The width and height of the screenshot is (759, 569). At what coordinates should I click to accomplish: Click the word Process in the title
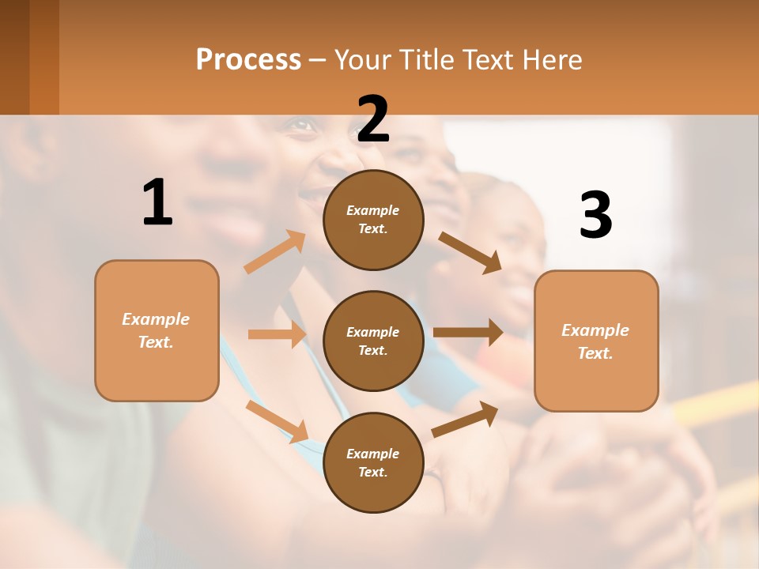coord(248,59)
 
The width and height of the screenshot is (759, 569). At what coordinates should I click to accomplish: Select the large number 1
coord(157,202)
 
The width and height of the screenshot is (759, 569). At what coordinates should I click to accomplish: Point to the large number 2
coord(373,119)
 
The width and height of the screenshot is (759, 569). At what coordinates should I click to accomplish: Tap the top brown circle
coord(373,220)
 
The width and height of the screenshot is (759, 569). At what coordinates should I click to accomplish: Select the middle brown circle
coord(373,341)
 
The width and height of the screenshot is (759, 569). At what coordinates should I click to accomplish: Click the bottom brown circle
coord(373,463)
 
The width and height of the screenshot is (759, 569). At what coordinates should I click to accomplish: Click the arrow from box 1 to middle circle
coord(277,334)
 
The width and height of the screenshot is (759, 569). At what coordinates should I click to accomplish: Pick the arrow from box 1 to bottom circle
coord(277,421)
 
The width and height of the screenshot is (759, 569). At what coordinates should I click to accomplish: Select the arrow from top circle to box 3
coord(470,252)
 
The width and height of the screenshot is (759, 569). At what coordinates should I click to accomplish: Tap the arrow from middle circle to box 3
coord(468,333)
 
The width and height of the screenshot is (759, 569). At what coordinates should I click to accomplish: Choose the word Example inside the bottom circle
coord(372,454)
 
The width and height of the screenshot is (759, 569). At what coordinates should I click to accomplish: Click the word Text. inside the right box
coord(595,353)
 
